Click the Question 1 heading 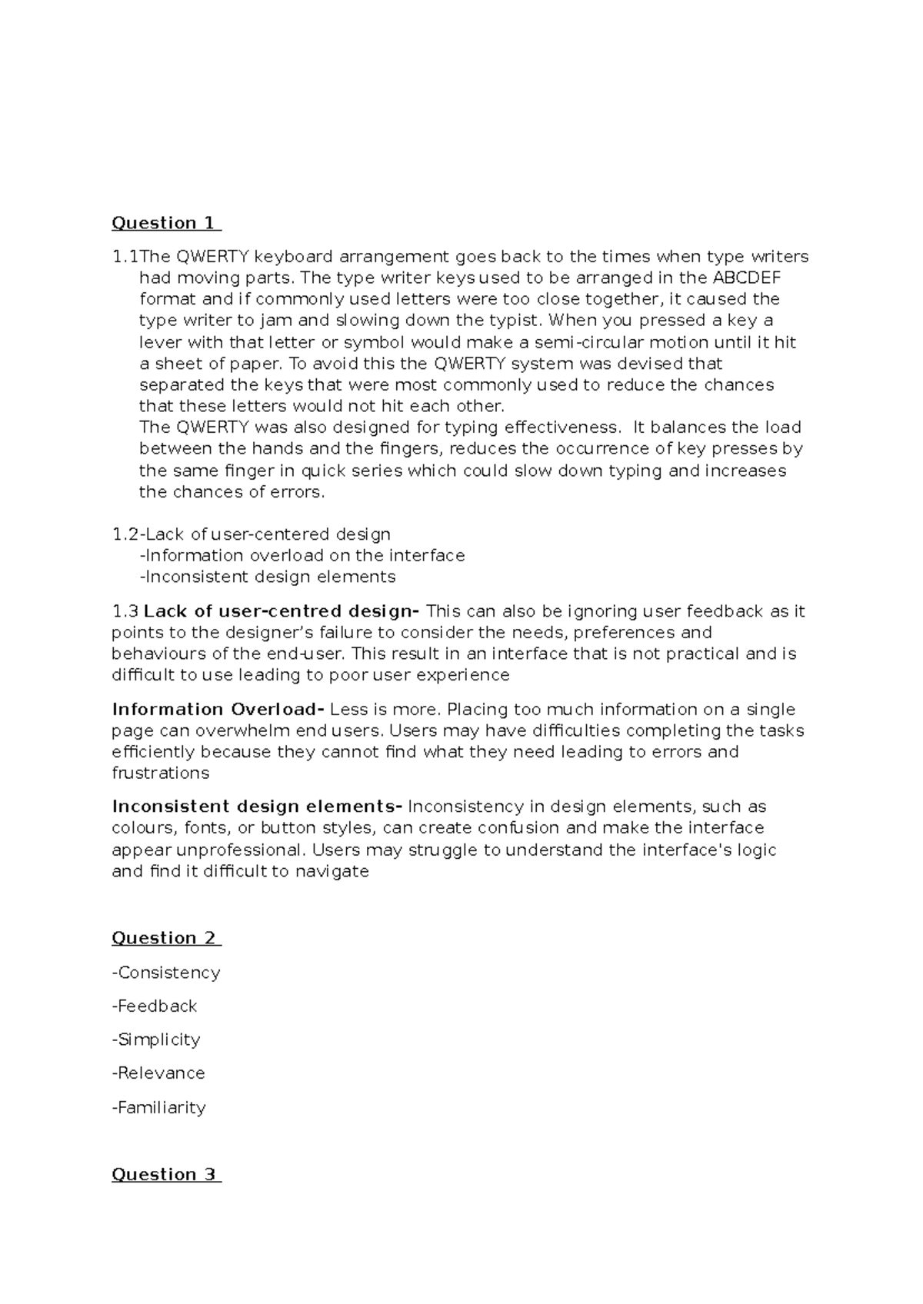pyautogui.click(x=165, y=223)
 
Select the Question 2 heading pyautogui.click(x=165, y=938)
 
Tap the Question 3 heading pyautogui.click(x=165, y=1174)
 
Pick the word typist pyautogui.click(x=510, y=321)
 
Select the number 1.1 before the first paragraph pyautogui.click(x=125, y=257)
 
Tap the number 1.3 pyautogui.click(x=125, y=612)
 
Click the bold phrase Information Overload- pyautogui.click(x=218, y=710)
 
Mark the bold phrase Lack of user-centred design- pyautogui.click(x=282, y=612)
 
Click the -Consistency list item pyautogui.click(x=166, y=973)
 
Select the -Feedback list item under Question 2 pyautogui.click(x=155, y=1006)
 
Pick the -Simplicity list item pyautogui.click(x=156, y=1040)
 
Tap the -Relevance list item pyautogui.click(x=158, y=1073)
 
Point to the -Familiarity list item pyautogui.click(x=159, y=1108)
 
